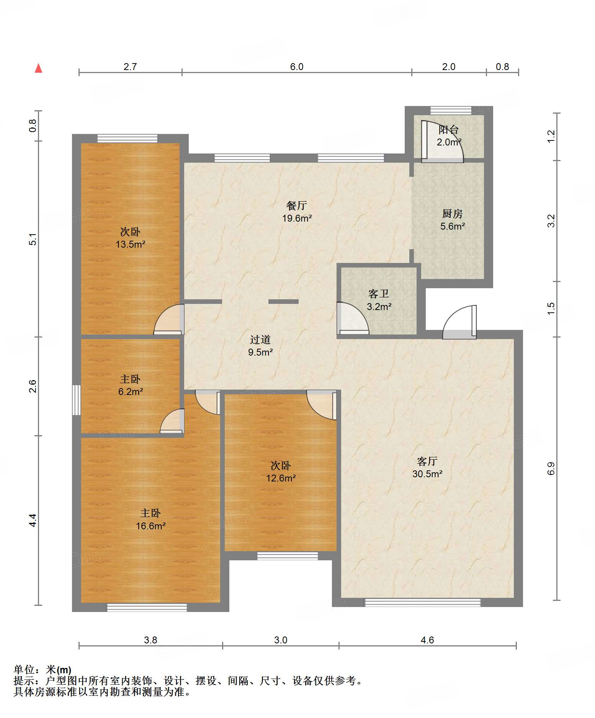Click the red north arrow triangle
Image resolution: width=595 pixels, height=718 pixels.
[x=38, y=68]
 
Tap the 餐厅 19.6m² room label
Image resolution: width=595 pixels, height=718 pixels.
[x=297, y=212]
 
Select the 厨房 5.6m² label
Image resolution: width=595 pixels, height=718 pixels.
[x=452, y=220]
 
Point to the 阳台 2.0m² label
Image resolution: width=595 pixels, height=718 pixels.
[x=449, y=136]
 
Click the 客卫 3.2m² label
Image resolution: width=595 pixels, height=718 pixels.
[x=379, y=300]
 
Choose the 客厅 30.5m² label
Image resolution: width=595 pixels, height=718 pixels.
[x=427, y=467]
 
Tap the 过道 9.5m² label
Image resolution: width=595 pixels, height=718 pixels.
[x=260, y=346]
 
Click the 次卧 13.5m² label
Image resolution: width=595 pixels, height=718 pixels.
[x=130, y=238]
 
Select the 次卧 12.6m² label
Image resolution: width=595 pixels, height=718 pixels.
[x=281, y=472]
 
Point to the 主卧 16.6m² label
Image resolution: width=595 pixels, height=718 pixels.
[x=150, y=519]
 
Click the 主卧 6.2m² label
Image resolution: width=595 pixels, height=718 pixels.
[x=130, y=385]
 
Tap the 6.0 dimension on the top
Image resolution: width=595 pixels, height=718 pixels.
[x=296, y=67]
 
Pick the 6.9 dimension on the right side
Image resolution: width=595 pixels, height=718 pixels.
[x=551, y=469]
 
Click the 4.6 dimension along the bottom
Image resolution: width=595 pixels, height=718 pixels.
[x=427, y=640]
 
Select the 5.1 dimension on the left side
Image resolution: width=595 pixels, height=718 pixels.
[x=33, y=239]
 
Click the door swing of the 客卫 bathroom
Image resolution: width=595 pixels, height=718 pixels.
[x=353, y=318]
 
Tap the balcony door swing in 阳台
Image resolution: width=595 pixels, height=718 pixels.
[x=442, y=141]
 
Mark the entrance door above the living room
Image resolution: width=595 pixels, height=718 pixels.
[x=459, y=322]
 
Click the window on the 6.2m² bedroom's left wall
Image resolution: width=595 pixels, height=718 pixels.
[x=77, y=400]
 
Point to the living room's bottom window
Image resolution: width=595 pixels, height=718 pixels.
[x=422, y=602]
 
